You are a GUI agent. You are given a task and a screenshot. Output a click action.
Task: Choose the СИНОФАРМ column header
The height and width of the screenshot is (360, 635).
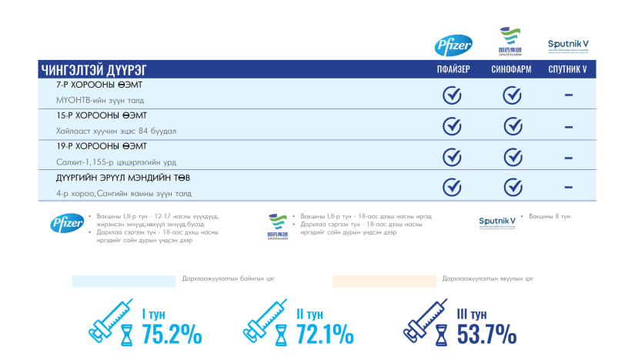(511, 69)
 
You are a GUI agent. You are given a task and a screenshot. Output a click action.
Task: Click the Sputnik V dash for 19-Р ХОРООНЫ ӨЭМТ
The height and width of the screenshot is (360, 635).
(568, 157)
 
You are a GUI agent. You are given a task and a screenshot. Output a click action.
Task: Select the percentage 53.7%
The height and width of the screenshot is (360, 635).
(486, 335)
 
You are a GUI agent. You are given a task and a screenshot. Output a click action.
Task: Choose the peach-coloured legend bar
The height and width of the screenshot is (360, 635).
(384, 281)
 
